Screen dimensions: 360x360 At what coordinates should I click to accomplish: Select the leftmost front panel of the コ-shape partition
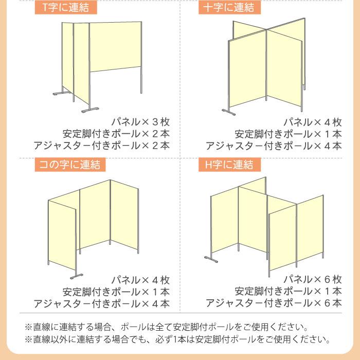tap(62, 233)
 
